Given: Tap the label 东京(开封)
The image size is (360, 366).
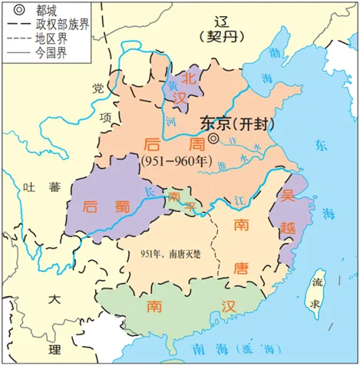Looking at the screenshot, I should pyautogui.click(x=229, y=122).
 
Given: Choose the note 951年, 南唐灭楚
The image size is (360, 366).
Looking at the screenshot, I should pyautogui.click(x=170, y=254).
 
